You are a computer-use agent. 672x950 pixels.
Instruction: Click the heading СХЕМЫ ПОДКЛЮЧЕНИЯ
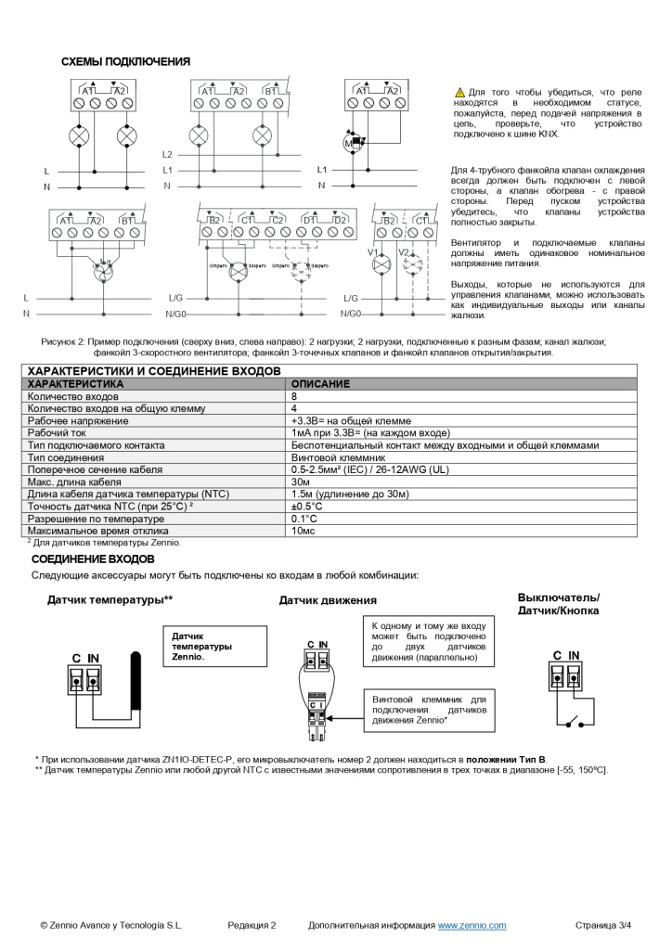(125, 62)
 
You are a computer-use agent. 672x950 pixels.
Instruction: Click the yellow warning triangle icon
(459, 93)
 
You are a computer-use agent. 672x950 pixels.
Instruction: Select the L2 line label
(167, 154)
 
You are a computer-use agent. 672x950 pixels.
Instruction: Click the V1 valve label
(372, 251)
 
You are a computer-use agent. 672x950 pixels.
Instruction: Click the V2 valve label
(403, 251)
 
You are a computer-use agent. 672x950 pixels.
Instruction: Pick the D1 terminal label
(309, 220)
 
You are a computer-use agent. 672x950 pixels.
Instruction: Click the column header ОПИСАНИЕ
(320, 383)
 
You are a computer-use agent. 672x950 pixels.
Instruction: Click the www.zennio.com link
(472, 925)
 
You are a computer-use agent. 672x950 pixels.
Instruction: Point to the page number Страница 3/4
(602, 925)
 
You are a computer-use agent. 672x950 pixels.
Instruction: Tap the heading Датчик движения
(328, 601)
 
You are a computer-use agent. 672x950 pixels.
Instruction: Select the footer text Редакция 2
(252, 925)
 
